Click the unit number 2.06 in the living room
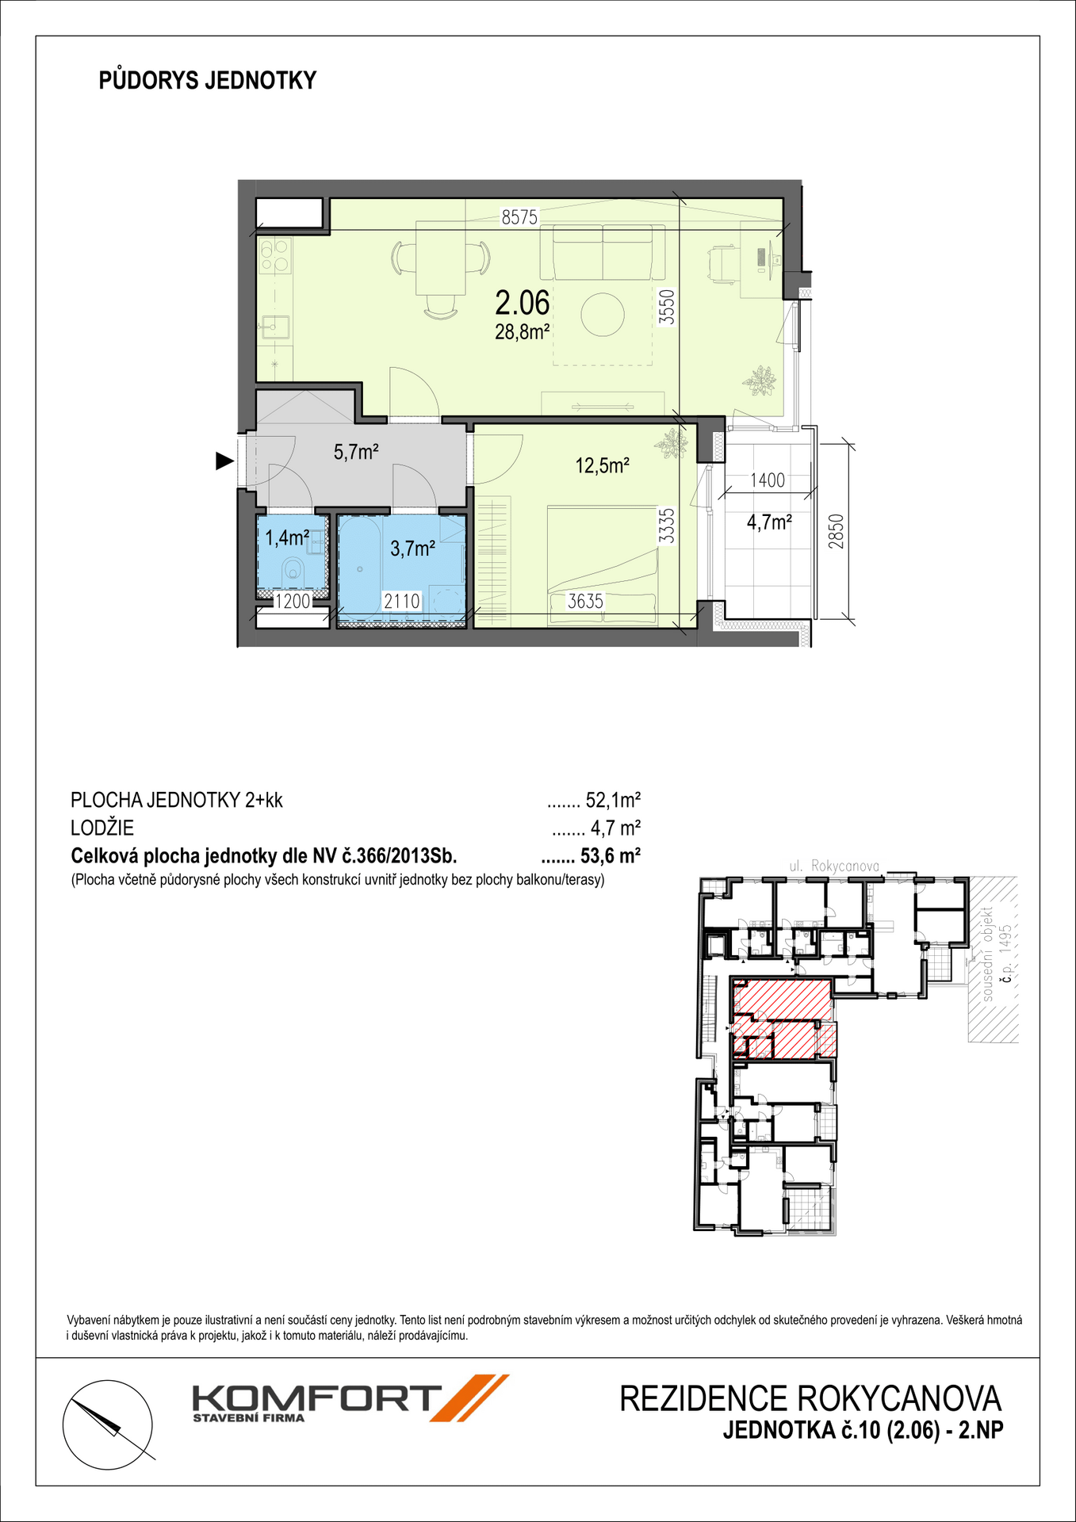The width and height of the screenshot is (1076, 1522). point(522,302)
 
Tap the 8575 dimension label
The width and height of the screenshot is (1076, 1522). point(519,217)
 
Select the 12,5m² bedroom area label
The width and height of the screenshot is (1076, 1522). point(602,465)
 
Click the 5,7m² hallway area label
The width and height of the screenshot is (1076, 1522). point(356,453)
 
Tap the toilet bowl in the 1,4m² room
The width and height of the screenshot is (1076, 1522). point(294,568)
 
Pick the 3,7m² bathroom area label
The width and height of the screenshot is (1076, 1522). point(412,548)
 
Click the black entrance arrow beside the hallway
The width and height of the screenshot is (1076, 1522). point(225,461)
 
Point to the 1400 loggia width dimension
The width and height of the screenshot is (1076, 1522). point(767,480)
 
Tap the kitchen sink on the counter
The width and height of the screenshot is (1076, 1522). point(275,327)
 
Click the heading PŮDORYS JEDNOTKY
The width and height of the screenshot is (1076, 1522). point(208,80)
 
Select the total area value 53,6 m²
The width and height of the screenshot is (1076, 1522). point(611,856)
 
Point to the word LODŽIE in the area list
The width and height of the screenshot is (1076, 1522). point(102,828)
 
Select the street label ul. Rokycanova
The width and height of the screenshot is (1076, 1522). point(834,866)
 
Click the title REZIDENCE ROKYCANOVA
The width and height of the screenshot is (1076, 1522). point(810,1398)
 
